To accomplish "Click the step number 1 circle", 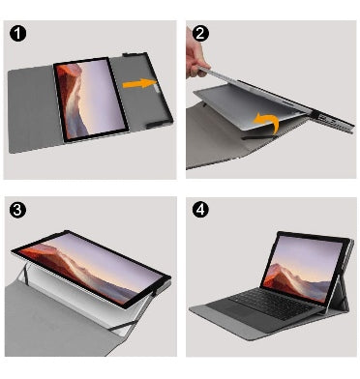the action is [x=18, y=33].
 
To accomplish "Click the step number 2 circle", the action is [x=200, y=33].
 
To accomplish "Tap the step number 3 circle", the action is [x=17, y=210].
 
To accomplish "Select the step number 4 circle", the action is [x=200, y=210].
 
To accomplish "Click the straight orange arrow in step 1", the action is [x=139, y=83].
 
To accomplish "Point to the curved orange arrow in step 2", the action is [x=268, y=122].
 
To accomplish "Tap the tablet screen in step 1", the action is [x=91, y=98].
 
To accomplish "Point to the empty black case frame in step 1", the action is [x=143, y=90].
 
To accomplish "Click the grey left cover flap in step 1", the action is [x=32, y=109].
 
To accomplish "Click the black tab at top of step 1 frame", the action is [x=130, y=54].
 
